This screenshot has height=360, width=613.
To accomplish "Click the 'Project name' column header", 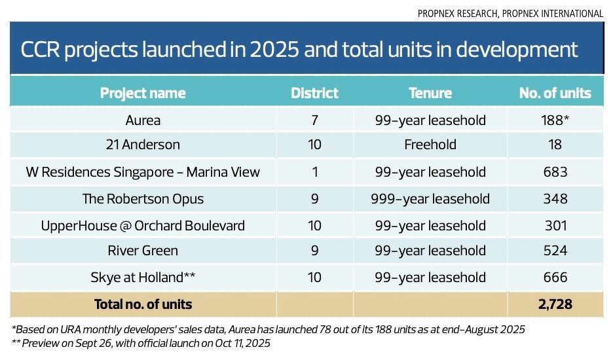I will tap(142, 93).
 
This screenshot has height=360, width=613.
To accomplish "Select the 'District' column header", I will tap(314, 93).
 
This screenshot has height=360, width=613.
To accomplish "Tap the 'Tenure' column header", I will tap(430, 93).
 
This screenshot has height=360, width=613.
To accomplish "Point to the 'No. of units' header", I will tap(555, 93).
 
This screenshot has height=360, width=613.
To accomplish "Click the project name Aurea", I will tap(143, 120).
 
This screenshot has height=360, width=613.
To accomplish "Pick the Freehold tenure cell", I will tap(430, 145).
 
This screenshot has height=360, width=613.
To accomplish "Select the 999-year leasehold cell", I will tap(430, 198).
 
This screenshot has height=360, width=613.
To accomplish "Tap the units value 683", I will tap(555, 172).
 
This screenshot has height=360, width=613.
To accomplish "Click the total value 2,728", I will tap(555, 304).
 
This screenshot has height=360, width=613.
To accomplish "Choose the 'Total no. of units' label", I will tap(143, 304).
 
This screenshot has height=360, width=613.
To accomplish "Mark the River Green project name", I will tap(143, 251).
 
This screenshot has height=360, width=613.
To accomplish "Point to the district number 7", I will tap(314, 120).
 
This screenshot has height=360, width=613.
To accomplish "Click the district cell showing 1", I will tap(314, 172).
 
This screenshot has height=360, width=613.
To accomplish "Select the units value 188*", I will tap(555, 120).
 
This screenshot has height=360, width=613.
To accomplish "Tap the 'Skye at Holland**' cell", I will tap(143, 278).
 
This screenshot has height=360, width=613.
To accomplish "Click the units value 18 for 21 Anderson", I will tap(555, 145).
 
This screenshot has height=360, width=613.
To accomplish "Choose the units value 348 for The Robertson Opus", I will tap(555, 198).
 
